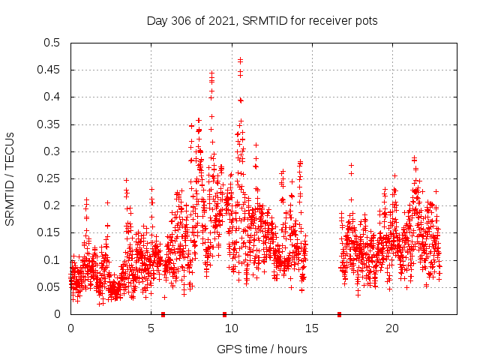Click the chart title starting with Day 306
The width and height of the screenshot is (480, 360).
pyautogui.click(x=262, y=20)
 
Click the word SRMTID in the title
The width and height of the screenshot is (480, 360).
pyautogui.click(x=262, y=20)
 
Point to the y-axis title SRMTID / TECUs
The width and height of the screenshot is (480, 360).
pyautogui.click(x=10, y=179)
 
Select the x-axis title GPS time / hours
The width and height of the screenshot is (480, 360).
pyautogui.click(x=262, y=349)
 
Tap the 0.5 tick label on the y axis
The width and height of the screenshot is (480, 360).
pyautogui.click(x=51, y=43)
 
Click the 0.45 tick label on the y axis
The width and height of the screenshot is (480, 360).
pyautogui.click(x=48, y=70)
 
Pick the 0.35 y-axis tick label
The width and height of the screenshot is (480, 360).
pyautogui.click(x=48, y=124)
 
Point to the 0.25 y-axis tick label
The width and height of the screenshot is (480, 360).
pyautogui.click(x=48, y=178)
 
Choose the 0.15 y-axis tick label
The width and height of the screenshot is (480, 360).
pyautogui.click(x=48, y=232)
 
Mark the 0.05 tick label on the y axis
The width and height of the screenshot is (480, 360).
pyautogui.click(x=48, y=287)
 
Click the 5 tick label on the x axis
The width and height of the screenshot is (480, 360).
pyautogui.click(x=151, y=328)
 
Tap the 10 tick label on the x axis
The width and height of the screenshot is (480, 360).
pyautogui.click(x=232, y=328)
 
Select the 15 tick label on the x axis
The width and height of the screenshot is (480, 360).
pyautogui.click(x=312, y=328)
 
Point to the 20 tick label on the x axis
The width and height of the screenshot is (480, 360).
pyautogui.click(x=392, y=328)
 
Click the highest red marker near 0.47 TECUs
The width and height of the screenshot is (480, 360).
pyautogui.click(x=240, y=60)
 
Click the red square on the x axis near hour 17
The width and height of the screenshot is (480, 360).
pyautogui.click(x=339, y=314)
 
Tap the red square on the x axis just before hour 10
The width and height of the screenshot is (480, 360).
pyautogui.click(x=224, y=314)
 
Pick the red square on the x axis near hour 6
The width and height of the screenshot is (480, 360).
pyautogui.click(x=163, y=314)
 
